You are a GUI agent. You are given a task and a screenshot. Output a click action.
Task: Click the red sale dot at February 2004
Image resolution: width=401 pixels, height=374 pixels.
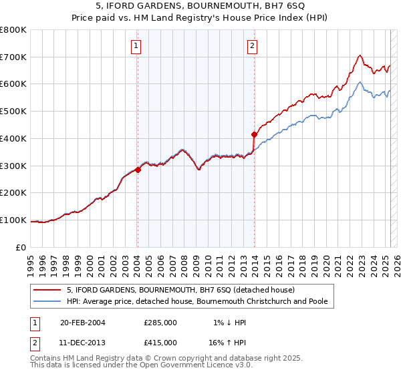tap(138, 170)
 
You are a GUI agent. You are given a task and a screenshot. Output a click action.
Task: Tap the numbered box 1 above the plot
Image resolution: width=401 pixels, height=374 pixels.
tap(136, 46)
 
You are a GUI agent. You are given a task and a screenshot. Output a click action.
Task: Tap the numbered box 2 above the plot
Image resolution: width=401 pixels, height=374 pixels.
tap(252, 46)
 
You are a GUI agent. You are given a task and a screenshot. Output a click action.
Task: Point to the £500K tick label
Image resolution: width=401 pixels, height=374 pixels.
tap(13, 112)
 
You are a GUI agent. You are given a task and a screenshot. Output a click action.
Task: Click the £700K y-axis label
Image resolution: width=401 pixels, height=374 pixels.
tap(13, 57)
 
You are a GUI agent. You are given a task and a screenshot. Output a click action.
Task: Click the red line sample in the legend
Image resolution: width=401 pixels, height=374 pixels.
tap(47, 290)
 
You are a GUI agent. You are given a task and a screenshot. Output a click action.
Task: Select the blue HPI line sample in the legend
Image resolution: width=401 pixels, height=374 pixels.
tap(47, 301)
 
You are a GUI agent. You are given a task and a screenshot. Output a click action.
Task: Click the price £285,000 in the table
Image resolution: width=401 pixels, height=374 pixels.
tap(160, 323)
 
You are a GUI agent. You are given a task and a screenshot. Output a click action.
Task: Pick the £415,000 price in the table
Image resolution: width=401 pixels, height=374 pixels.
tap(160, 342)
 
